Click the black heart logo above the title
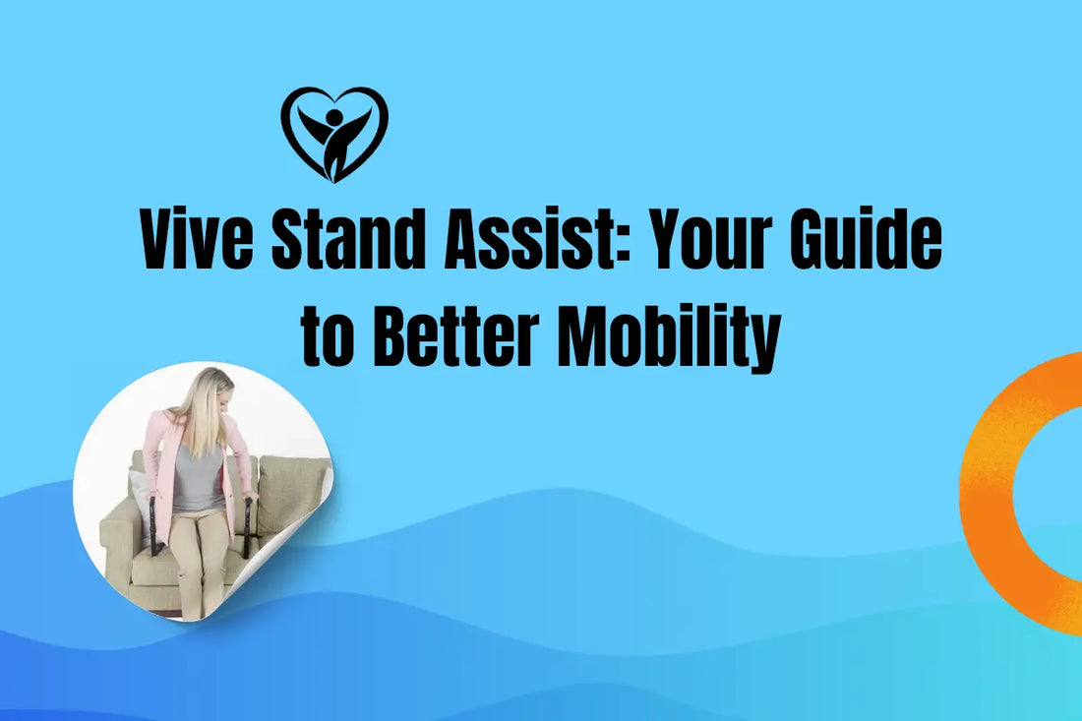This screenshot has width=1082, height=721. point(334,133)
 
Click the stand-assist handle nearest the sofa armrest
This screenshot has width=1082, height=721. point(153,527)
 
